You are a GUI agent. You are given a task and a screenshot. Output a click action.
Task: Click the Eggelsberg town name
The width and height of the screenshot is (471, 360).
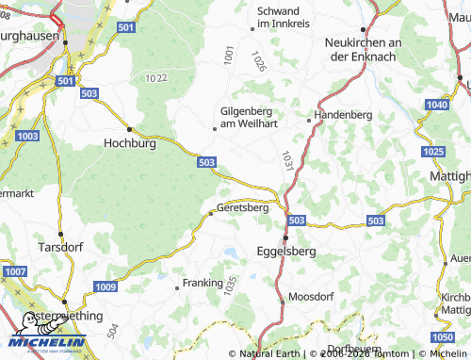click(x=286, y=253)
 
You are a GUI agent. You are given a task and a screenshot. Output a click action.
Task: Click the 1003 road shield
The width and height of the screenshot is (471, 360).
click(x=27, y=137)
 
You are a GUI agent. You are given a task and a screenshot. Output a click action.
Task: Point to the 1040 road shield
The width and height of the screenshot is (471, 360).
click(x=437, y=104)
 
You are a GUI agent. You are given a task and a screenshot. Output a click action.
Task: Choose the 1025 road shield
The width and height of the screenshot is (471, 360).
click(x=433, y=152)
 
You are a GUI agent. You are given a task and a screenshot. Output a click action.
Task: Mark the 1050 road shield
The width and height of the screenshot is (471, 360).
click(x=442, y=336)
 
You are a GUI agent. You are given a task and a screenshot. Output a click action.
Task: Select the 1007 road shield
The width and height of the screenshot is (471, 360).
click(x=15, y=271)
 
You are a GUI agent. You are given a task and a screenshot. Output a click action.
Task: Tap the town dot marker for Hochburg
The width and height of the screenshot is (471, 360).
click(x=129, y=128)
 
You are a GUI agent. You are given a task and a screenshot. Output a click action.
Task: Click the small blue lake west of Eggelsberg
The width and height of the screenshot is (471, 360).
click(x=229, y=252)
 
